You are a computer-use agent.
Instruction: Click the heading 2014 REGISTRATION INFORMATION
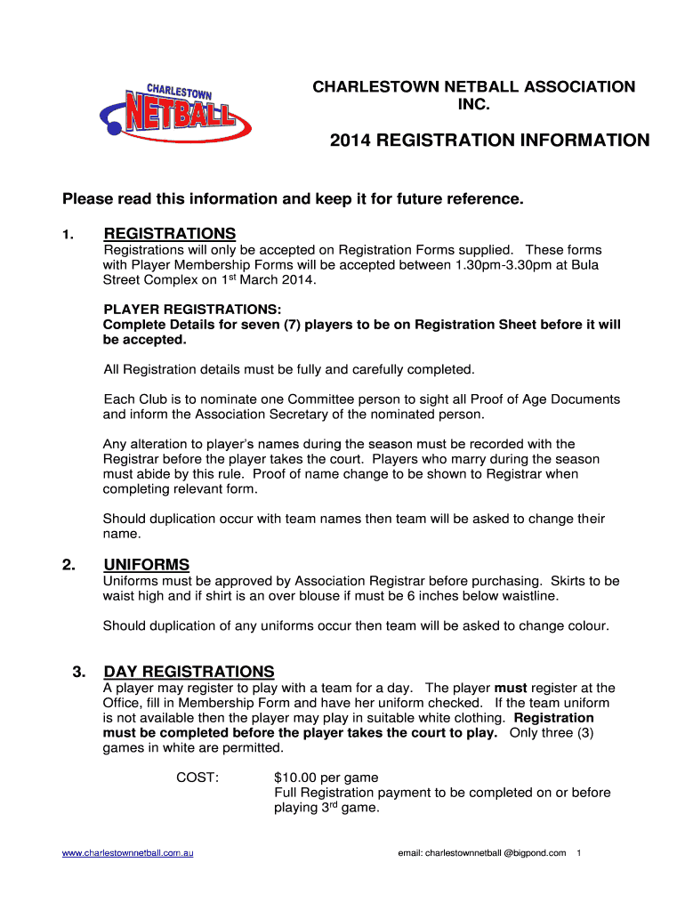pos(489,141)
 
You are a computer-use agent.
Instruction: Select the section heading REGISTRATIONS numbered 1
pos(170,234)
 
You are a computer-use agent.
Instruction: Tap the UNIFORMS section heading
pos(147,565)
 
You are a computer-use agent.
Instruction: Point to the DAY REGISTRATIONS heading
pos(189,672)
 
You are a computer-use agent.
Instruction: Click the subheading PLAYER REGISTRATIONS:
pos(192,310)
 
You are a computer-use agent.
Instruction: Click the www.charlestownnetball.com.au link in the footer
pos(128,853)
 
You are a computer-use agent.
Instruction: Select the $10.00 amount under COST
pos(296,778)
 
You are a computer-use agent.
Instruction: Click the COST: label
pos(197,778)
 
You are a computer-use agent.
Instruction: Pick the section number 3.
pos(77,672)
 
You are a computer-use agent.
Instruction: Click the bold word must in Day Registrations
pos(512,688)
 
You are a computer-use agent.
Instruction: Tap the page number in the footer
pos(579,853)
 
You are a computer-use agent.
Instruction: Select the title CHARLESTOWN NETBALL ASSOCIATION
pos(472,87)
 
